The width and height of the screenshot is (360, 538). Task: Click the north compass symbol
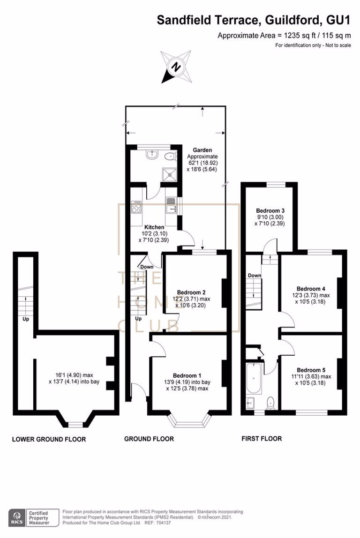pos(176,67)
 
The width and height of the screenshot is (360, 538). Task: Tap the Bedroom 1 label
pos(187,375)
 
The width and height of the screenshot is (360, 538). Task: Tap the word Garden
pos(202,150)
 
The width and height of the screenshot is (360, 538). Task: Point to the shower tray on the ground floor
pos(168,173)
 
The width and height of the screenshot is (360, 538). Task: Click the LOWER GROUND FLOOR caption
pos(49,439)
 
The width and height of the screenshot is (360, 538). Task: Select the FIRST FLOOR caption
pos(262,439)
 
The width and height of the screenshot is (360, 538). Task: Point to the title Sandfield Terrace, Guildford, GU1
pos(253,20)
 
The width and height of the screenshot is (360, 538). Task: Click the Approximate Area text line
pos(284,36)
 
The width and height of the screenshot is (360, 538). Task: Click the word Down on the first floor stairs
pos(255,275)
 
